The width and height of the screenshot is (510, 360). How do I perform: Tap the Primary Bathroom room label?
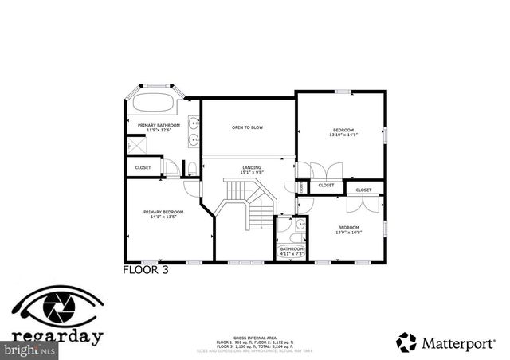coord(159,125)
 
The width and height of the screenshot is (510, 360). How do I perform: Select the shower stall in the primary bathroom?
coord(136,146)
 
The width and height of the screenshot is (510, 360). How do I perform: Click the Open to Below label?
coord(247,127)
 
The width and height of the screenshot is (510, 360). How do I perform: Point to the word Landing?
coord(252,167)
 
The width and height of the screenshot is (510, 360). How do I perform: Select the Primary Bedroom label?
coord(163,212)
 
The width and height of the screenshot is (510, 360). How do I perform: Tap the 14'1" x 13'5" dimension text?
coord(163,217)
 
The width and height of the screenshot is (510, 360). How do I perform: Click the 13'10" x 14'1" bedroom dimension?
coord(343,134)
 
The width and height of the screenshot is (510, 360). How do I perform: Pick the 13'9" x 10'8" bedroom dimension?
coord(347,232)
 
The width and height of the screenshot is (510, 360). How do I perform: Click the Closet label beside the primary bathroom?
coord(143,167)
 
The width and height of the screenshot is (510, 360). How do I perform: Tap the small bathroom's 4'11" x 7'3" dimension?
coord(292,253)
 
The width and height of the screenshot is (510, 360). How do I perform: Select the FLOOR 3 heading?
coord(145,269)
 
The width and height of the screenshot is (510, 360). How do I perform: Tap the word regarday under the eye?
coord(57,336)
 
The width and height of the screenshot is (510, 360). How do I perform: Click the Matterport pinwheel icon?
coord(406,342)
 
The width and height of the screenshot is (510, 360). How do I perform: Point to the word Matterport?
coord(458,343)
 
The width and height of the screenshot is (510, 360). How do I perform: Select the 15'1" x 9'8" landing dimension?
coord(252,172)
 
